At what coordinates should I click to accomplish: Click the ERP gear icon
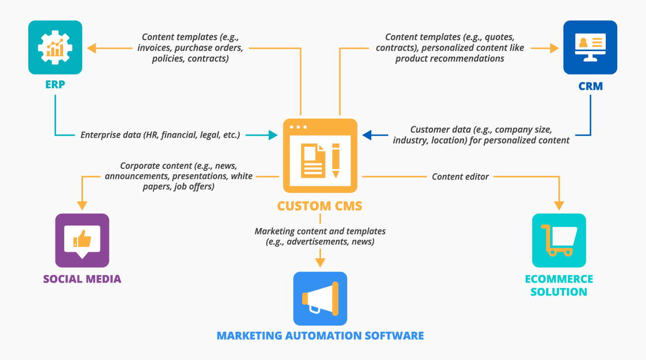point(55,47)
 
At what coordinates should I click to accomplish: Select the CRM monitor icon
point(590,47)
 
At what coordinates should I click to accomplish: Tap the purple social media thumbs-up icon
point(82,240)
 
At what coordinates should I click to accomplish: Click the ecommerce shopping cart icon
point(559,240)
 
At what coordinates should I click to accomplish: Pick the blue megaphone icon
point(320,298)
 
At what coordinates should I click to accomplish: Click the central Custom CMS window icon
point(320,155)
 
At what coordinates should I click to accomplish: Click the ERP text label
point(55,85)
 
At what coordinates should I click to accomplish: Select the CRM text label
point(590,86)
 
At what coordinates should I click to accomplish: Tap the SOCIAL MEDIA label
point(82,279)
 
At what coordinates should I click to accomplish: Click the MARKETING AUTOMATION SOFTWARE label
point(320,336)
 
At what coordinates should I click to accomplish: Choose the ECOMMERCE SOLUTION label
point(559,285)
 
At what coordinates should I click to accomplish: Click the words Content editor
point(460,176)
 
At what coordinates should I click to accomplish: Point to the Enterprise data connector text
point(160,135)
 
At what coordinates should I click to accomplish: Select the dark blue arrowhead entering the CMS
point(367,135)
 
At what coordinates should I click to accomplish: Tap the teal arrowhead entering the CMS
point(273,135)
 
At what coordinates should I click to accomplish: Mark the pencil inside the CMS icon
point(335,160)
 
